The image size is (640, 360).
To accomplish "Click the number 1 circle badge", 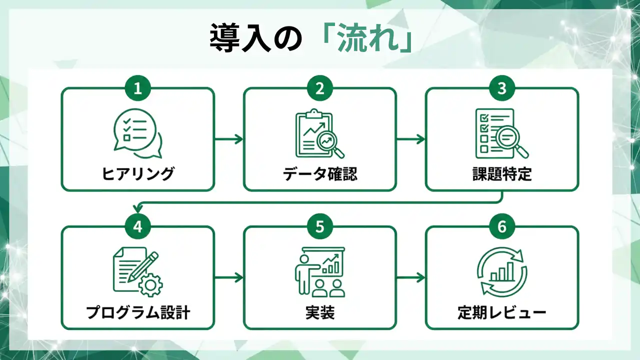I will [x=138, y=88].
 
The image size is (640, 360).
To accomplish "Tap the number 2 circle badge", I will [x=320, y=88].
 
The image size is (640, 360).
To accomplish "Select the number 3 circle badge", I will [x=502, y=88].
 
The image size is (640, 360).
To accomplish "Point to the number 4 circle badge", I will [x=138, y=226].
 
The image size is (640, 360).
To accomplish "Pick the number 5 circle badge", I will [x=320, y=226].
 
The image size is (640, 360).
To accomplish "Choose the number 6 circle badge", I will [x=502, y=226].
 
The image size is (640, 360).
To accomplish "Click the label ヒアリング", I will [x=138, y=174].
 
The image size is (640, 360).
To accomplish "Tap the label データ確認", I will [x=320, y=174].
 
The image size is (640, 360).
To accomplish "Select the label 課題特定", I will [x=502, y=174].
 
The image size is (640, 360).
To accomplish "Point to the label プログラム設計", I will [x=138, y=312].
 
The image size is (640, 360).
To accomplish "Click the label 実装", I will [x=320, y=312].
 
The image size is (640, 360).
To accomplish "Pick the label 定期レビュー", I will [x=502, y=312].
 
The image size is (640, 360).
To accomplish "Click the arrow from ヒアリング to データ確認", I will [x=229, y=139].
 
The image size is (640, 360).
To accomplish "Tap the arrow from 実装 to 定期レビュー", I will [x=411, y=277].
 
